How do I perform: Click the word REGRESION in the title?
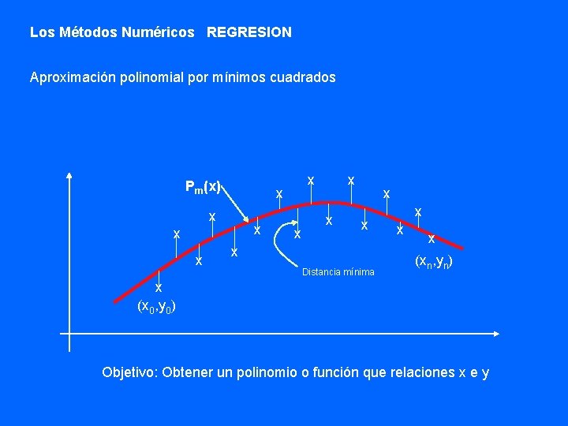[x=248, y=32]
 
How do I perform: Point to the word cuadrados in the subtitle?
[x=305, y=77]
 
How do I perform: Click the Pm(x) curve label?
[x=202, y=187]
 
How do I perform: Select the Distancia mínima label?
[x=338, y=272]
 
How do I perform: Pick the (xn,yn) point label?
[x=433, y=261]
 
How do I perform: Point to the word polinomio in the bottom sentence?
[x=267, y=372]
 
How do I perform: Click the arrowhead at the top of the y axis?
[x=69, y=176]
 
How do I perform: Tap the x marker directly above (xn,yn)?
[x=432, y=239]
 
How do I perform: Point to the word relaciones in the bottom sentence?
[x=421, y=372]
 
